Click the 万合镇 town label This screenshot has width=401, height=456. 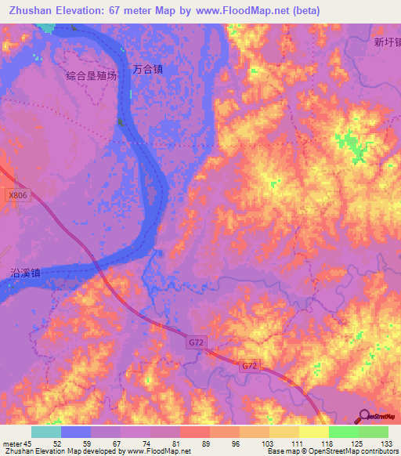click(x=147, y=69)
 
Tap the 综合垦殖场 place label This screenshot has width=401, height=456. click(x=92, y=76)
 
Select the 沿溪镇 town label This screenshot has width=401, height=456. click(x=26, y=273)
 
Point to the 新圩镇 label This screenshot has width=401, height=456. click(x=387, y=43)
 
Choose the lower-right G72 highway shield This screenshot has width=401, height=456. click(x=248, y=366)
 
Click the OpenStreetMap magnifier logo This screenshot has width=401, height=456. click(x=364, y=416)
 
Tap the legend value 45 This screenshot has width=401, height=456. click(x=31, y=443)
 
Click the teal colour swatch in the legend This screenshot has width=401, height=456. click(x=45, y=432)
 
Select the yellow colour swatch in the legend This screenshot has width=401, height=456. click(x=313, y=432)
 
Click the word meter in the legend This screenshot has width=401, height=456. click(x=12, y=443)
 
